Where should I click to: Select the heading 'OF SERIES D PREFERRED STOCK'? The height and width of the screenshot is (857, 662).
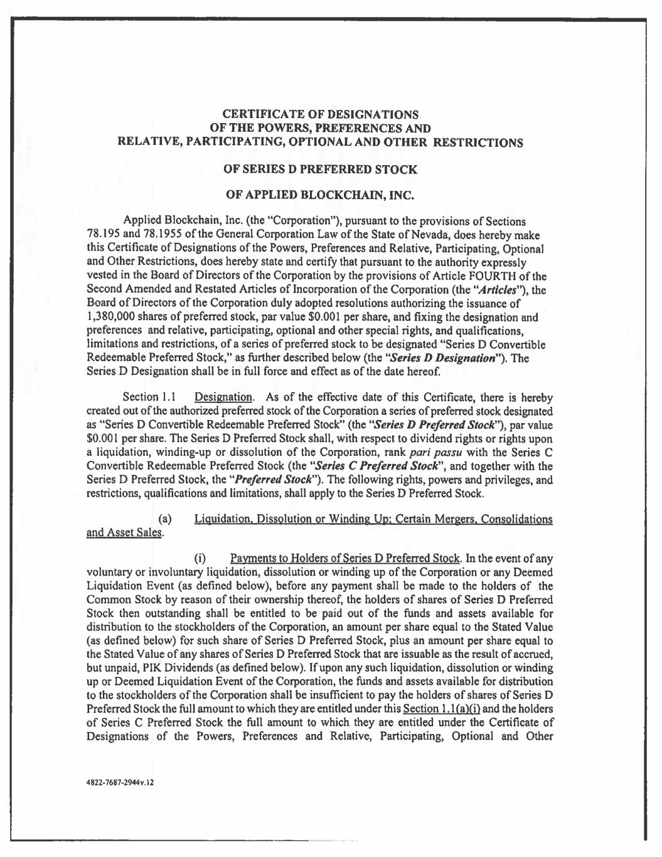point(321,170)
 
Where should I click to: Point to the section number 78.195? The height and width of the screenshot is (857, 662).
point(99,235)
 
